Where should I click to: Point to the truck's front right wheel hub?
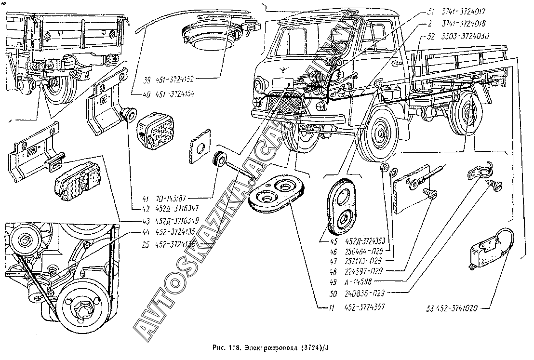[382, 133]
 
